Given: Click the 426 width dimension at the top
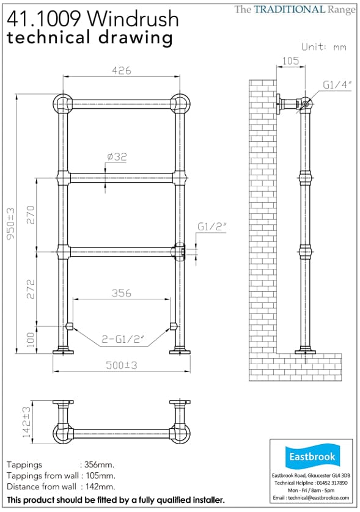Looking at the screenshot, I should point(121,70).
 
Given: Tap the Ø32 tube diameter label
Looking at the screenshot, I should point(116,157).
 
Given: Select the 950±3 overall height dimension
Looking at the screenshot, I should point(10,225).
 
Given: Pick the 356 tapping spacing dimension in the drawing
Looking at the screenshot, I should point(121,293).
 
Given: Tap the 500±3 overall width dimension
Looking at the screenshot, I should point(120,365).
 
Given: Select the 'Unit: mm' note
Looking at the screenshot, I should point(324,46).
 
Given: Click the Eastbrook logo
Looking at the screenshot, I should point(312,456).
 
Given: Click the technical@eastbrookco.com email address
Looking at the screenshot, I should point(312,498).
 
